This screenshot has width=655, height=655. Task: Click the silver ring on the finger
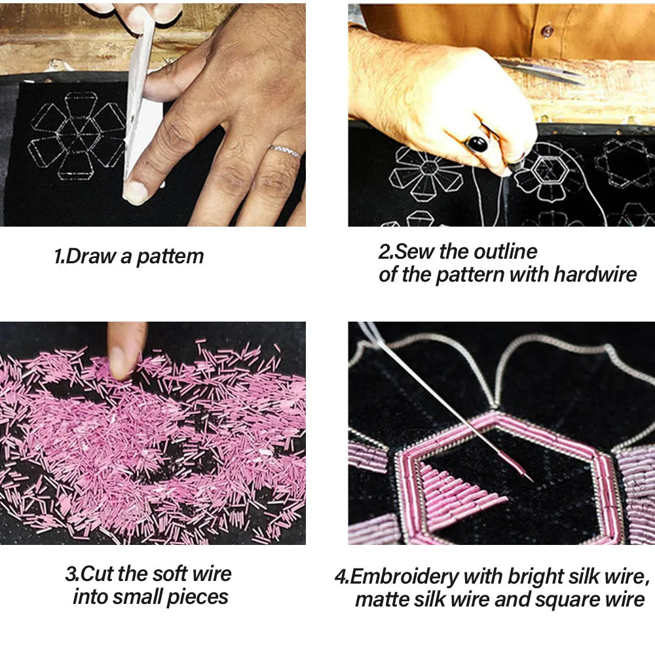point(285,151)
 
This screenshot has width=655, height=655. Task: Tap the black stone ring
point(477,144)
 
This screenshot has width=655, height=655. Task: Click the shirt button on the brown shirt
point(548,31)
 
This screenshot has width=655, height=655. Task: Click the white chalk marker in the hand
point(138,96)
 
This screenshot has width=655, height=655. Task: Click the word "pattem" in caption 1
point(170,257)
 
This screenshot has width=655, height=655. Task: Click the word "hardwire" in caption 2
point(595,275)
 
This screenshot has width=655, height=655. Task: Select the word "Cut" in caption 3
point(96,574)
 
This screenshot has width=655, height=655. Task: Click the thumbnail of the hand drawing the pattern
point(153,115)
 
